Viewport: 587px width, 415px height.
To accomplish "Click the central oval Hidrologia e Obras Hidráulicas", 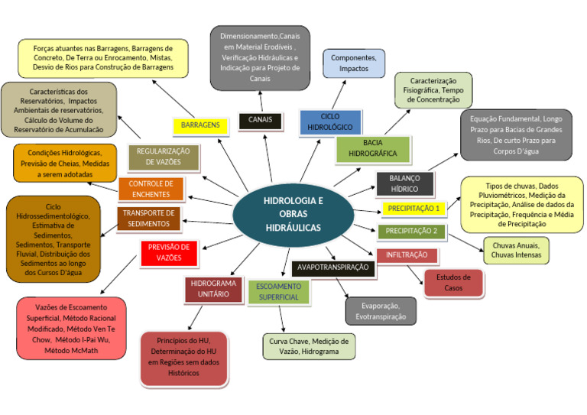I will pyautogui.click(x=293, y=215).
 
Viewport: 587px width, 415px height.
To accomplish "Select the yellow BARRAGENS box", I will pyautogui.click(x=202, y=125).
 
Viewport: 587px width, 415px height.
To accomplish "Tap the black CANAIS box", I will pyautogui.click(x=261, y=120).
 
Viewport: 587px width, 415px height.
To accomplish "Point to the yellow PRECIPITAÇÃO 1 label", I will pyautogui.click(x=413, y=208).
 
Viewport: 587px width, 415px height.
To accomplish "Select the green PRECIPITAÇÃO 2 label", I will pyautogui.click(x=411, y=231).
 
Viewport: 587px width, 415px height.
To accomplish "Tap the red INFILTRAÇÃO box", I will pyautogui.click(x=407, y=255).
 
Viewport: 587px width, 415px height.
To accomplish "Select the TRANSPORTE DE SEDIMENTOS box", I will pyautogui.click(x=148, y=219).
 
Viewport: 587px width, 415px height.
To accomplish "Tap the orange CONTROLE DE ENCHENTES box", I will pyautogui.click(x=151, y=189).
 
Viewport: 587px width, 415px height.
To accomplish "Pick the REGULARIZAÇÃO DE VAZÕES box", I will pyautogui.click(x=163, y=157).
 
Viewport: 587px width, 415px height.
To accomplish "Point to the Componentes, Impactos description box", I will pyautogui.click(x=353, y=63).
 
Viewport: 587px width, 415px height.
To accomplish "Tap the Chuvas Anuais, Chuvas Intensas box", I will pyautogui.click(x=516, y=250).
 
